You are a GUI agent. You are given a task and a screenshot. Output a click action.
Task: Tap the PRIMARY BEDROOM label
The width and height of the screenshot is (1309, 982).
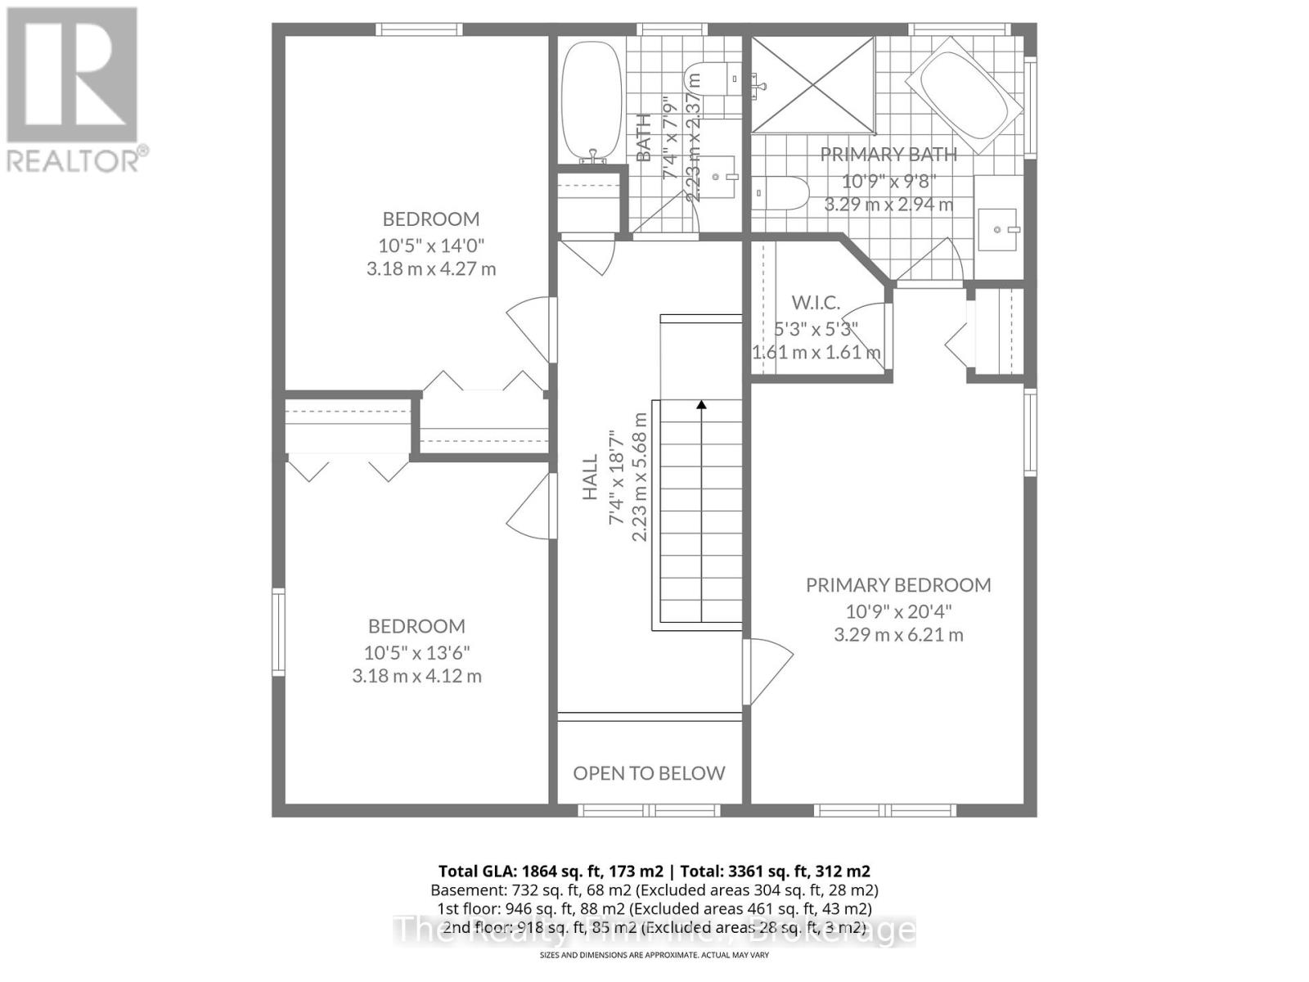898,585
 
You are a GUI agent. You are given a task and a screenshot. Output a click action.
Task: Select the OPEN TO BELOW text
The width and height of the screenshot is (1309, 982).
649,773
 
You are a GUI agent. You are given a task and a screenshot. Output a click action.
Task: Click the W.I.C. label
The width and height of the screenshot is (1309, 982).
816,303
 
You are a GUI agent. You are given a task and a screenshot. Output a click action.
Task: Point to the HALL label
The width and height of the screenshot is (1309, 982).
590,477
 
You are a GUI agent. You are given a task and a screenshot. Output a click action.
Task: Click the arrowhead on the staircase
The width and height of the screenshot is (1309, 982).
701,404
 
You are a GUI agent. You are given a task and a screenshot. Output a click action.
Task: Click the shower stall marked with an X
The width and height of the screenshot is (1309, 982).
812,85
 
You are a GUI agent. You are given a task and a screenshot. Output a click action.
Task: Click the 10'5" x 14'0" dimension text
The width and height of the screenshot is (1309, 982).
431,245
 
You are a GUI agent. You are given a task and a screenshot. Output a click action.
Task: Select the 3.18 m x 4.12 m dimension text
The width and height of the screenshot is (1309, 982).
416,676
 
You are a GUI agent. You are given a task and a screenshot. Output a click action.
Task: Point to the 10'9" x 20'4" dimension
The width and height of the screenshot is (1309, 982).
898,610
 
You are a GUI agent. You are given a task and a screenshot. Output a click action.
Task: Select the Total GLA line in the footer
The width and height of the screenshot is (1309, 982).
654,872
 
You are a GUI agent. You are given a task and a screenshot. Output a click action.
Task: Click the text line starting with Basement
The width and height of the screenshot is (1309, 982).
654,890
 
